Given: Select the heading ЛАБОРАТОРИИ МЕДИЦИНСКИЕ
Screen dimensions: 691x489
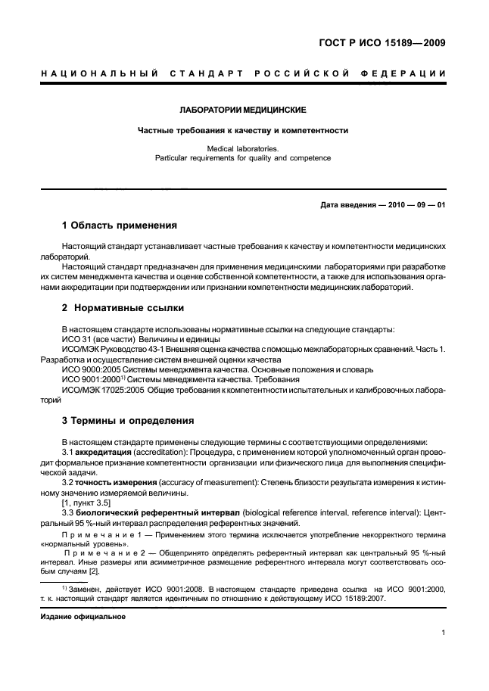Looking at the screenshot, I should point(242,110).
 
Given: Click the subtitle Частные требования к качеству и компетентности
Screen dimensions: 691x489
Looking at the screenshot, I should point(242,130).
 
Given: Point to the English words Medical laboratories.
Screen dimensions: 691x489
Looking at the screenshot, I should point(242,150).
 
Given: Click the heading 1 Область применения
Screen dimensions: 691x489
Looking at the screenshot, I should point(119,226).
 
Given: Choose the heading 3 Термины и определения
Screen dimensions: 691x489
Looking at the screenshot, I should point(126,420).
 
